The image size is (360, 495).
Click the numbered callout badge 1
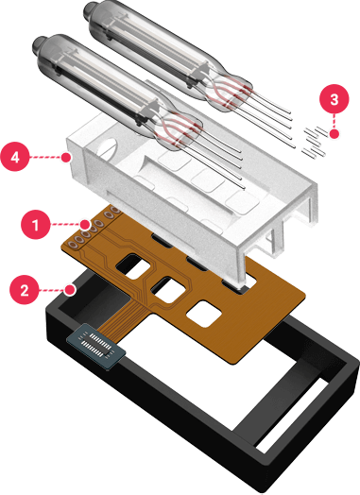[35, 225]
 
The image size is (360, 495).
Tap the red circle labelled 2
[25, 289]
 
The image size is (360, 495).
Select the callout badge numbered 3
[334, 98]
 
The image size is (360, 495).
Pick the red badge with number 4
[15, 157]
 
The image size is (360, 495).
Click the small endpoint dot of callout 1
[85, 225]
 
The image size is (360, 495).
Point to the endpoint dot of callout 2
[71, 289]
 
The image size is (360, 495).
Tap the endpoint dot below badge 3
[334, 134]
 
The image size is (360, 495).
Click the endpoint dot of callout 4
[66, 157]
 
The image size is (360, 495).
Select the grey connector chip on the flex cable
[96, 346]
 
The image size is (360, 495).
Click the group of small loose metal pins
[314, 142]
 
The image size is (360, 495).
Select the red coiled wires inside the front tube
[180, 128]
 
